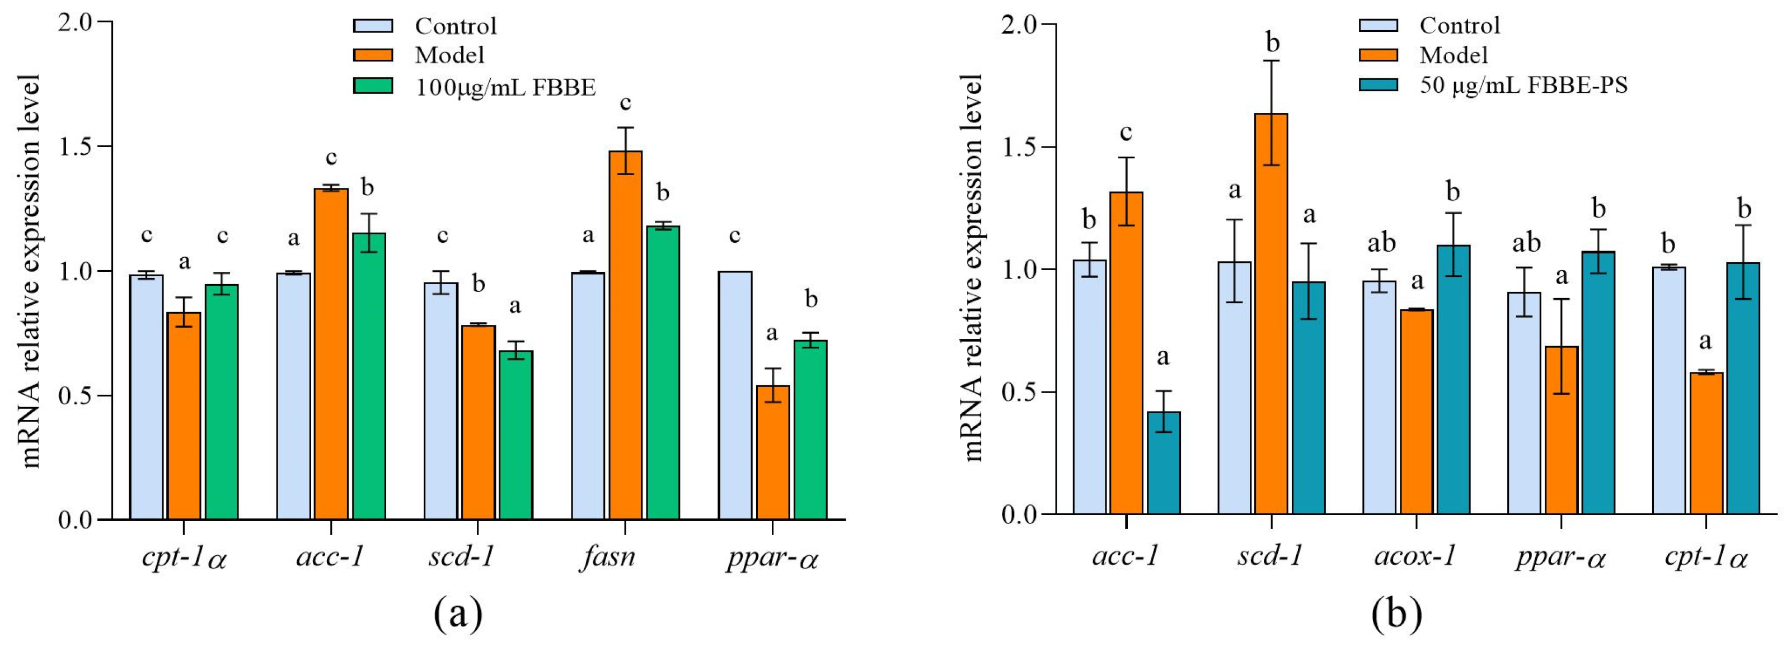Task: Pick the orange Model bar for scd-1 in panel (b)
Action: [1271, 313]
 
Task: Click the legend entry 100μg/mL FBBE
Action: [505, 87]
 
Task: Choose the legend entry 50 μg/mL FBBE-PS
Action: [1522, 86]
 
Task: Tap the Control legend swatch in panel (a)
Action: [373, 26]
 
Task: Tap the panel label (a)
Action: [457, 613]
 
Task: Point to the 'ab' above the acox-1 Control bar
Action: [1381, 243]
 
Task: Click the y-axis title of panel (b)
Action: [973, 267]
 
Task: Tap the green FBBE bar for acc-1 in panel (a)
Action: [368, 376]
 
